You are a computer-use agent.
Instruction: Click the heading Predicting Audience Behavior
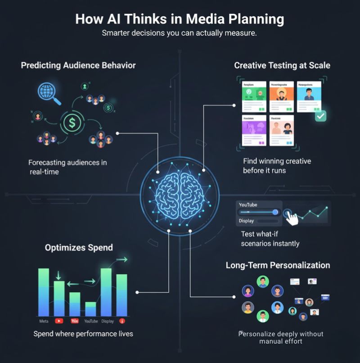point(78,65)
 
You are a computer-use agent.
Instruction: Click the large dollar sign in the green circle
point(71,122)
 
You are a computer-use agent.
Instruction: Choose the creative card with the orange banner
point(282,97)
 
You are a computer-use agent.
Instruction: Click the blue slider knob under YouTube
point(275,212)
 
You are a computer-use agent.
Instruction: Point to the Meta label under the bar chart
point(44,321)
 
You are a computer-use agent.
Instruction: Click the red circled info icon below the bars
point(122,322)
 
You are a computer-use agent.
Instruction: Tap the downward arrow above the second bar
point(59,275)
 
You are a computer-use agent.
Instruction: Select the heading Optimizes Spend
point(79,247)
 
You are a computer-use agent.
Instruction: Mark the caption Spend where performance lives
point(83,334)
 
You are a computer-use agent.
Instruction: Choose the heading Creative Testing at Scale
point(282,65)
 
